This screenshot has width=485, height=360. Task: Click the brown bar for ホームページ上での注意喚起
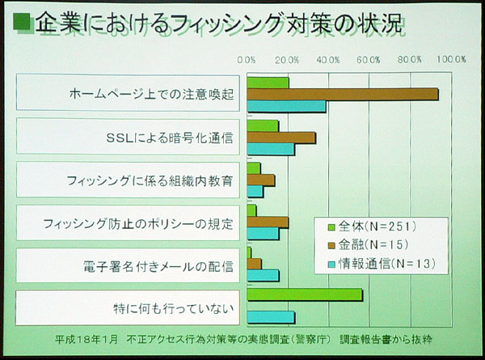coord(343,94)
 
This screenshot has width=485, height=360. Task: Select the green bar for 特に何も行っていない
coord(305,294)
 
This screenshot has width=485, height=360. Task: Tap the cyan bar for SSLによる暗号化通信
coord(271,149)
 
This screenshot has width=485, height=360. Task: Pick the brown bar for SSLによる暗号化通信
coord(281,137)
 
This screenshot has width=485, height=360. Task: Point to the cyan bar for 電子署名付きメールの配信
coord(263,275)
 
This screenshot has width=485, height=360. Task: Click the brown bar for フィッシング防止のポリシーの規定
coord(268,222)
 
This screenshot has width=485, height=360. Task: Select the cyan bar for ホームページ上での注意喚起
coord(286,106)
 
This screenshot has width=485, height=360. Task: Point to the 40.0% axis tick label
coord(329,59)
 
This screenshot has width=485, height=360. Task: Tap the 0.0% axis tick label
coord(247,59)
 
